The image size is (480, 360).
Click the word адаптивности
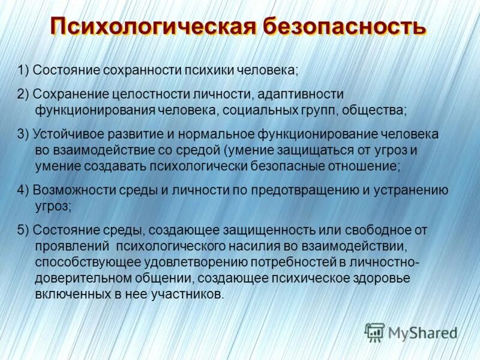(x=300, y=95)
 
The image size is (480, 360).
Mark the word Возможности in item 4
(x=68, y=190)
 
